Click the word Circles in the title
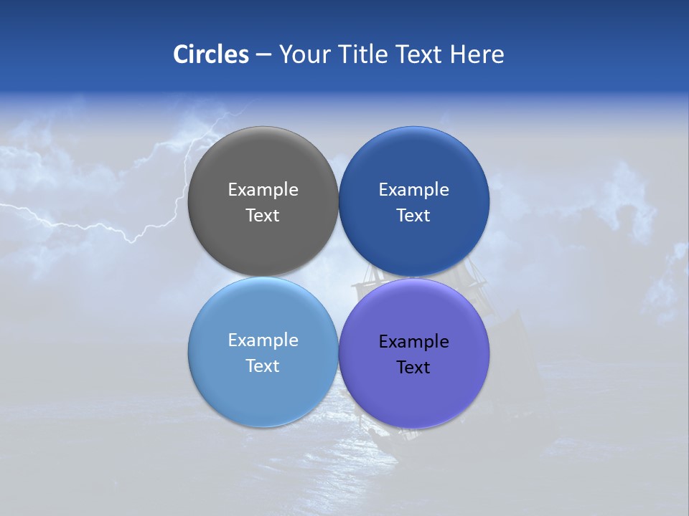coord(211,54)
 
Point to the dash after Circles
coord(263,55)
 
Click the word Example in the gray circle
coord(263,189)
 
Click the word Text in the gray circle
coord(263,215)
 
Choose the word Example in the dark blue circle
coord(413,189)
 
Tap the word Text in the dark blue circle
coord(413,215)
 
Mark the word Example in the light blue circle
coord(263,340)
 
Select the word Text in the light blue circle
coord(263,365)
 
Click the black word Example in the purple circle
coord(413,341)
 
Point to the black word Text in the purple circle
coord(413,367)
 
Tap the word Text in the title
coord(420,54)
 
